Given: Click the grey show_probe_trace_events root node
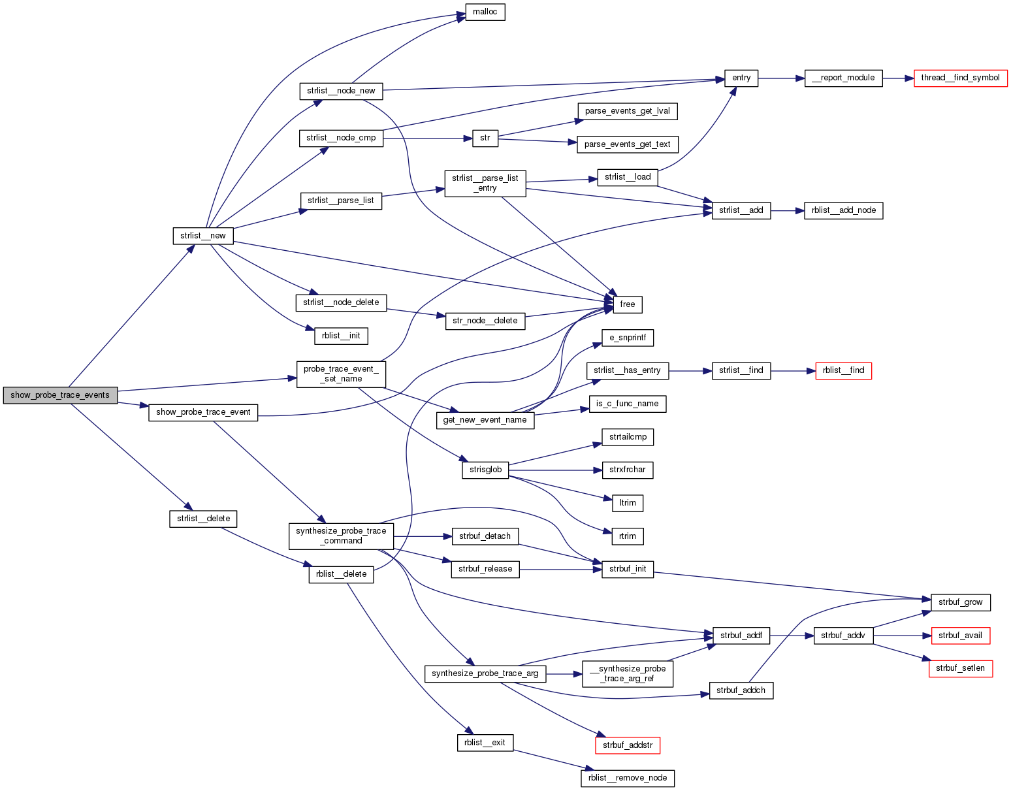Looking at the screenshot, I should (60, 395).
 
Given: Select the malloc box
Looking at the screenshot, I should (485, 12).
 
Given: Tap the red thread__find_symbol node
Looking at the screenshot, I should (960, 78).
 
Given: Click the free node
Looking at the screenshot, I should (627, 304).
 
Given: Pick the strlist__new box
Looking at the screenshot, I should (202, 236).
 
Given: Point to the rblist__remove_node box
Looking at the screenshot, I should (627, 778).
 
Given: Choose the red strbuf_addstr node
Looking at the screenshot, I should (627, 745).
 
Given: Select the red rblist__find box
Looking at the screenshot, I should (843, 370).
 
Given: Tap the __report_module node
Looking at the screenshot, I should (843, 78).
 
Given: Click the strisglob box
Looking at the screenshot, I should (485, 470).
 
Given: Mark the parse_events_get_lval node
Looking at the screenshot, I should (627, 111).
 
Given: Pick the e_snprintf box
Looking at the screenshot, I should (627, 338).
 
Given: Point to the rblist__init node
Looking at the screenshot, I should (341, 336).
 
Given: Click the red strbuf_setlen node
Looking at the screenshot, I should (960, 668).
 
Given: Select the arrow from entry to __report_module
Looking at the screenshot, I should (781, 78).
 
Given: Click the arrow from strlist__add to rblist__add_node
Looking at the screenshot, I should (787, 210).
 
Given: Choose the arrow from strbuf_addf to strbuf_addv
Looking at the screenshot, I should (792, 635).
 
